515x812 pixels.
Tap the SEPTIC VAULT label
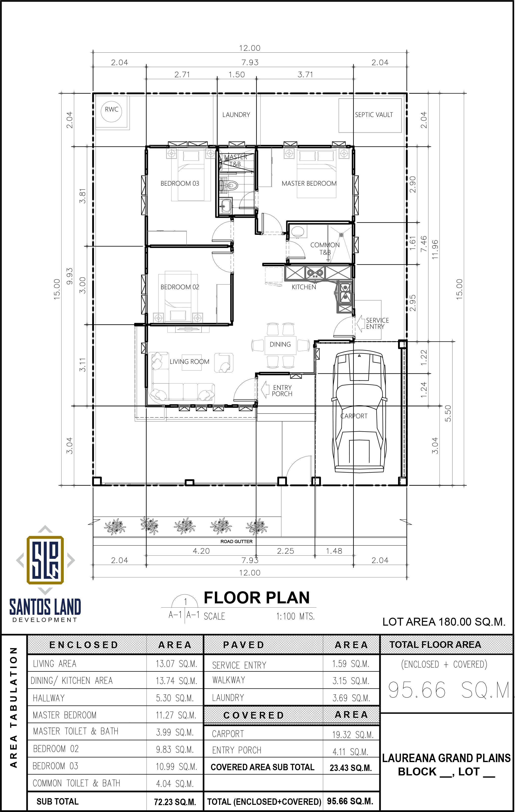pos(374,115)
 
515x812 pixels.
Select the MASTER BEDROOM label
pos(309,183)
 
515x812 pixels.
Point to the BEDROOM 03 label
pos(180,183)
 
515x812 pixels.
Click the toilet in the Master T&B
pos(230,185)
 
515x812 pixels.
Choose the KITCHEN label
pos(304,287)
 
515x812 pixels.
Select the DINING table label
pos(280,344)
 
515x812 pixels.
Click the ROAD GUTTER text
pos(236,541)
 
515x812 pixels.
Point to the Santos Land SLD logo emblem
pos(45,560)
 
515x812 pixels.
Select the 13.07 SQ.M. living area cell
pos(176,664)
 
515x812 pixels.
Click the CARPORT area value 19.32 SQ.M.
pos(353,734)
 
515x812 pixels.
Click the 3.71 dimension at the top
pos(305,74)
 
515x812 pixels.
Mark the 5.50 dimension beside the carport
pos(448,414)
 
